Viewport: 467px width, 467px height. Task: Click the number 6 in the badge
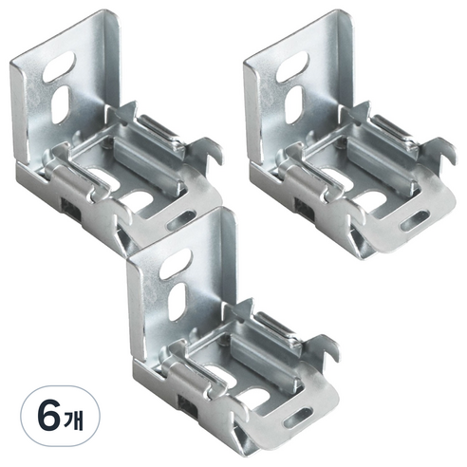(49, 416)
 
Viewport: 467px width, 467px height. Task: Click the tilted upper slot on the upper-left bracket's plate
(59, 66)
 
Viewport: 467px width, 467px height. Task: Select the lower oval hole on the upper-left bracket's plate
(61, 104)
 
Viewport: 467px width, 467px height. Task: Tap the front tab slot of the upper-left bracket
(181, 220)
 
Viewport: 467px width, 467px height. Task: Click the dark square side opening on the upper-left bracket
(71, 210)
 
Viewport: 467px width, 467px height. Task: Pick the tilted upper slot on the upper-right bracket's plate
(292, 66)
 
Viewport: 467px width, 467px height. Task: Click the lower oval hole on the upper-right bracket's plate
(294, 104)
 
